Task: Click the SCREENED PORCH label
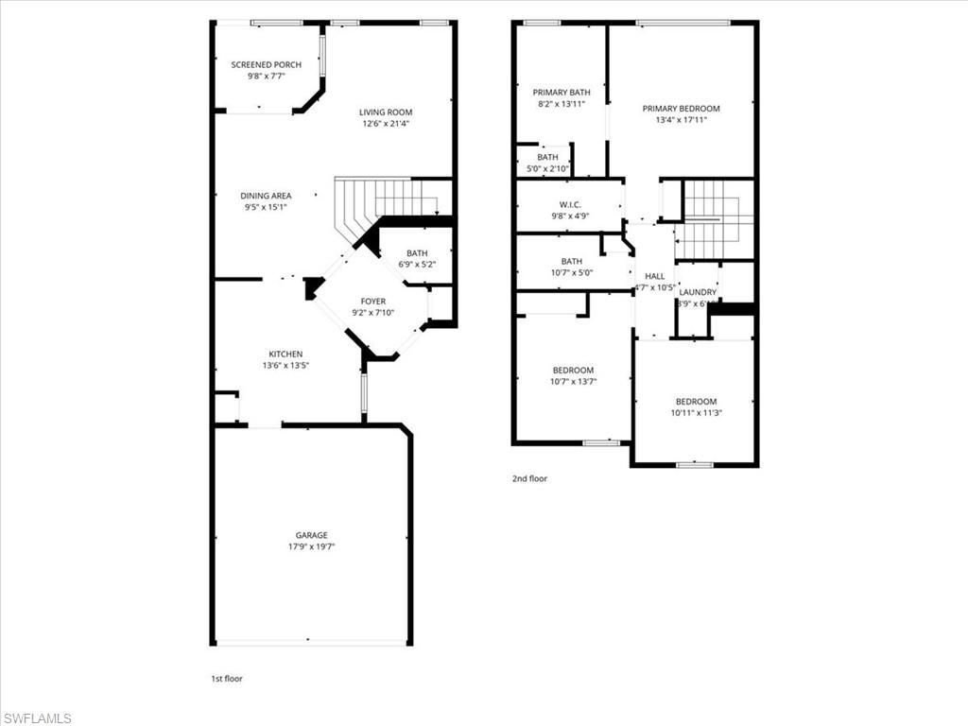(267, 64)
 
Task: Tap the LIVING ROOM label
(386, 112)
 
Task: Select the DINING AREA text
(266, 196)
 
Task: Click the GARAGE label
(311, 535)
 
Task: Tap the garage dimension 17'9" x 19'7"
(311, 546)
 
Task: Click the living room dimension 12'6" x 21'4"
(386, 124)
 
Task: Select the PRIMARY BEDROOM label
(681, 109)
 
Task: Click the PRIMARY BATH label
(562, 93)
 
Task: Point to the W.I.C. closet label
(570, 203)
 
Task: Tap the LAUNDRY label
(698, 292)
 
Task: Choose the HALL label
(654, 276)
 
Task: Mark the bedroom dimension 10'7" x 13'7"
(573, 382)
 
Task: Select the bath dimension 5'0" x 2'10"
(548, 169)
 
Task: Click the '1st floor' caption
(227, 678)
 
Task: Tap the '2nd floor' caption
(529, 478)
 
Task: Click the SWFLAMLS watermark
(37, 718)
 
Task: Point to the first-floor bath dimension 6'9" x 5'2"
(417, 265)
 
